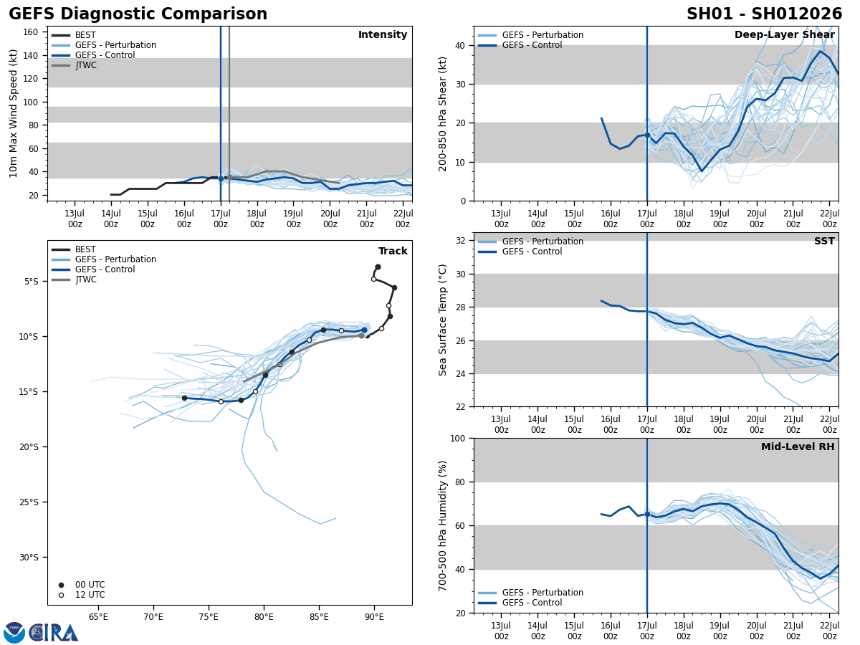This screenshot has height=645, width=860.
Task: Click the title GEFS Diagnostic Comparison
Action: point(138,14)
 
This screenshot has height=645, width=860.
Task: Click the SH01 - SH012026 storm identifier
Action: point(764,14)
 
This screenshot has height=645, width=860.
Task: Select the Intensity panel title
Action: point(383,35)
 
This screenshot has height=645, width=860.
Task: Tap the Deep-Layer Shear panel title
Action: point(784,35)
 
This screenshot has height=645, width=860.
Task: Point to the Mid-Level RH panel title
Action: point(798,447)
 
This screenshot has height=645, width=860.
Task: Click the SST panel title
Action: point(824,242)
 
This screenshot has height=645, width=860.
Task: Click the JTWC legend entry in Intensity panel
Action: point(85,65)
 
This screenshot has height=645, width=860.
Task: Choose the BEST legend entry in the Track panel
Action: point(85,250)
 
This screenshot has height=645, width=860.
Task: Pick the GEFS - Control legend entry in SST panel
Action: point(532,252)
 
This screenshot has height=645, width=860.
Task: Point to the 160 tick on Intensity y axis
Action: point(31,32)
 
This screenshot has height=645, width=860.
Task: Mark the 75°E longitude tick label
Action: point(209,616)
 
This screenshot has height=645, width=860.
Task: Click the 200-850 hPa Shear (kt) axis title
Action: point(444,113)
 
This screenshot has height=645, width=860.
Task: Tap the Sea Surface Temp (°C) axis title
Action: point(444,320)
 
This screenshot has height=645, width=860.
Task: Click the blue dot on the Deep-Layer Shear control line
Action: point(647,135)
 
